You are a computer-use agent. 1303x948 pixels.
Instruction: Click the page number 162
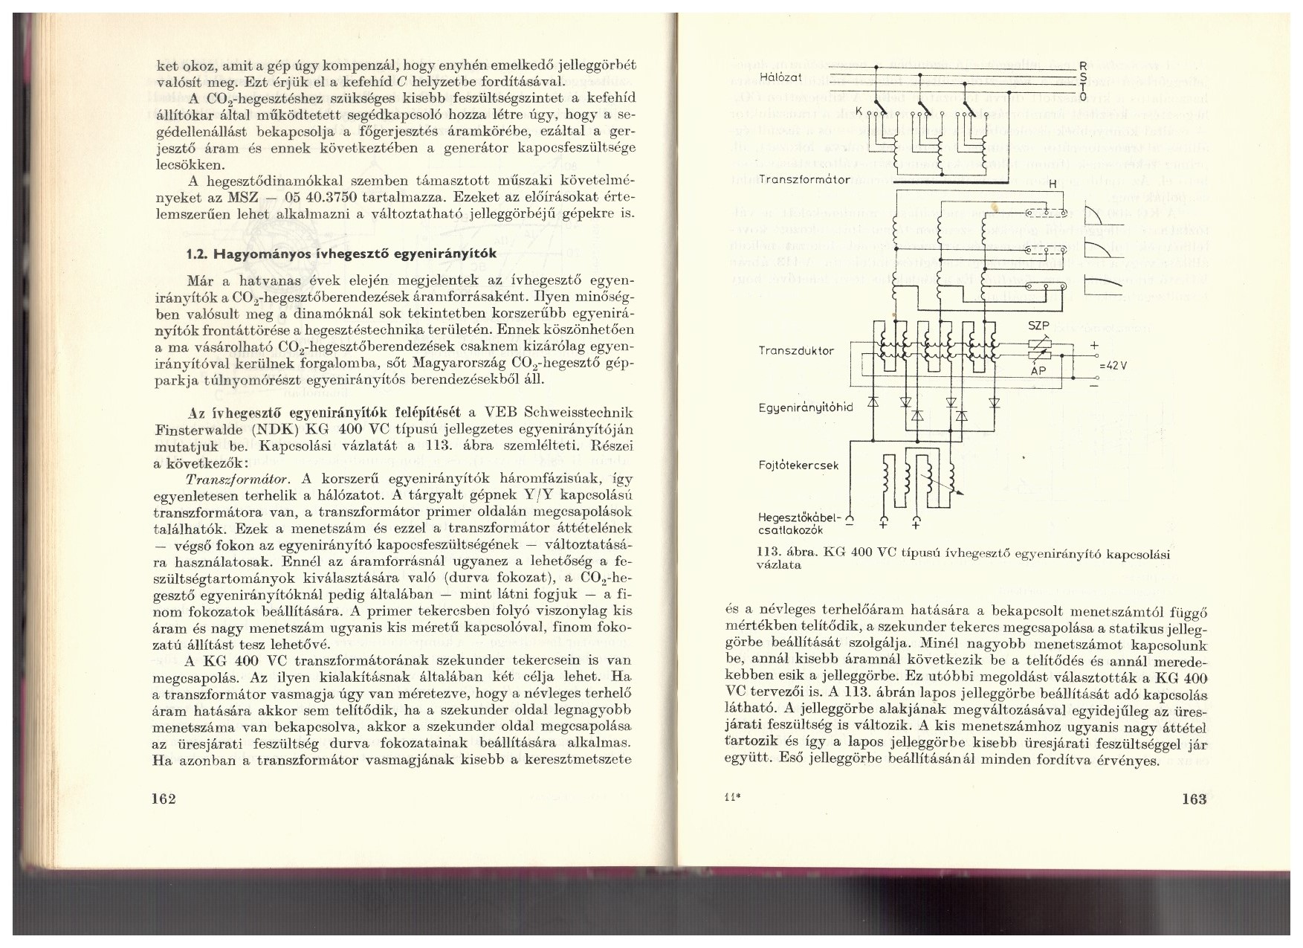click(161, 799)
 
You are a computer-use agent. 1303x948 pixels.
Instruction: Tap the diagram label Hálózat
click(780, 77)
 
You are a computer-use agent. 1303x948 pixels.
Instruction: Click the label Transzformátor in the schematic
click(805, 180)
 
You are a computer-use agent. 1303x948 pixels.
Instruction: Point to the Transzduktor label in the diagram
click(796, 350)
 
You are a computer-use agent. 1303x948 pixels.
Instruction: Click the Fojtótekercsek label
click(799, 465)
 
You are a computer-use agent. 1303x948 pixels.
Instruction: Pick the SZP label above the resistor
click(1038, 326)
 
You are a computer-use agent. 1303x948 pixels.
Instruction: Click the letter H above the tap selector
click(1052, 184)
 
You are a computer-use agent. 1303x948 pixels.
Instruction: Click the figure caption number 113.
click(766, 554)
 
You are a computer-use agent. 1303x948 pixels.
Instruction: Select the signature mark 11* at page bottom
click(730, 800)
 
